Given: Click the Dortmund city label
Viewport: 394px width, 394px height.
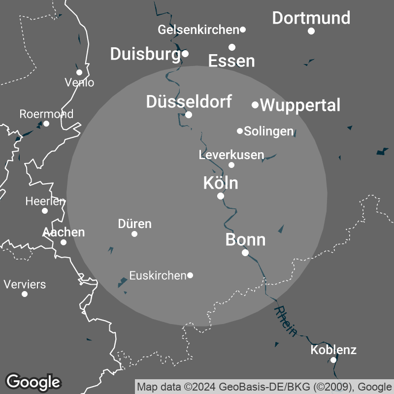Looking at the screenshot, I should pyautogui.click(x=311, y=18).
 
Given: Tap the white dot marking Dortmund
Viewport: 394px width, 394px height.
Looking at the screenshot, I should pyautogui.click(x=311, y=31).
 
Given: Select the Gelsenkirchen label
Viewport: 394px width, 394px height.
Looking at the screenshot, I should pyautogui.click(x=198, y=30).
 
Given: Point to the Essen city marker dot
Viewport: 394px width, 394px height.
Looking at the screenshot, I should pyautogui.click(x=232, y=47).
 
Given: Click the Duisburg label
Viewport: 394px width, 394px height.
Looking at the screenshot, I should pyautogui.click(x=145, y=54).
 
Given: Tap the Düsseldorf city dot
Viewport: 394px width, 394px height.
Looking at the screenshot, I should pyautogui.click(x=189, y=115).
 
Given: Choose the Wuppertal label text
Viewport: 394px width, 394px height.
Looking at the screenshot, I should pyautogui.click(x=300, y=105).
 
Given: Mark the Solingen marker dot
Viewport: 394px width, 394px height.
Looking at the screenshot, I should pyautogui.click(x=240, y=131).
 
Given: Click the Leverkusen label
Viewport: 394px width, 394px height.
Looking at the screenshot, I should pyautogui.click(x=231, y=155).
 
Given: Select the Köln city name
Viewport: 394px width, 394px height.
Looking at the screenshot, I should pyautogui.click(x=221, y=183).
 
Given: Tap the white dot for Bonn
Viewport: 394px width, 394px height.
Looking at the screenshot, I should pyautogui.click(x=245, y=253).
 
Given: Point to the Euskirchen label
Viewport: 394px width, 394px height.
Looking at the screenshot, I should pyautogui.click(x=158, y=275).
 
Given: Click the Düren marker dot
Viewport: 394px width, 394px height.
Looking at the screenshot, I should pyautogui.click(x=134, y=233).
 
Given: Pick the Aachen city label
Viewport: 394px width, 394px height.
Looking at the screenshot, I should pyautogui.click(x=64, y=232).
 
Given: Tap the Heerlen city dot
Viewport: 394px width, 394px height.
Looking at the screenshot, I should pyautogui.click(x=45, y=211).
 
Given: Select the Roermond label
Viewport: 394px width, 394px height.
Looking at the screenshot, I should pyautogui.click(x=46, y=114).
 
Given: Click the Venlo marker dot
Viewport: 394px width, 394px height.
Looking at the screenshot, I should pyautogui.click(x=79, y=72).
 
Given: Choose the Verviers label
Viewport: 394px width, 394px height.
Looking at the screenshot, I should pyautogui.click(x=25, y=284).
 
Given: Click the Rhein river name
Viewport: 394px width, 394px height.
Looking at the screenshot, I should pyautogui.click(x=286, y=321).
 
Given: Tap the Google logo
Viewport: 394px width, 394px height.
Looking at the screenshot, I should pyautogui.click(x=33, y=382).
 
